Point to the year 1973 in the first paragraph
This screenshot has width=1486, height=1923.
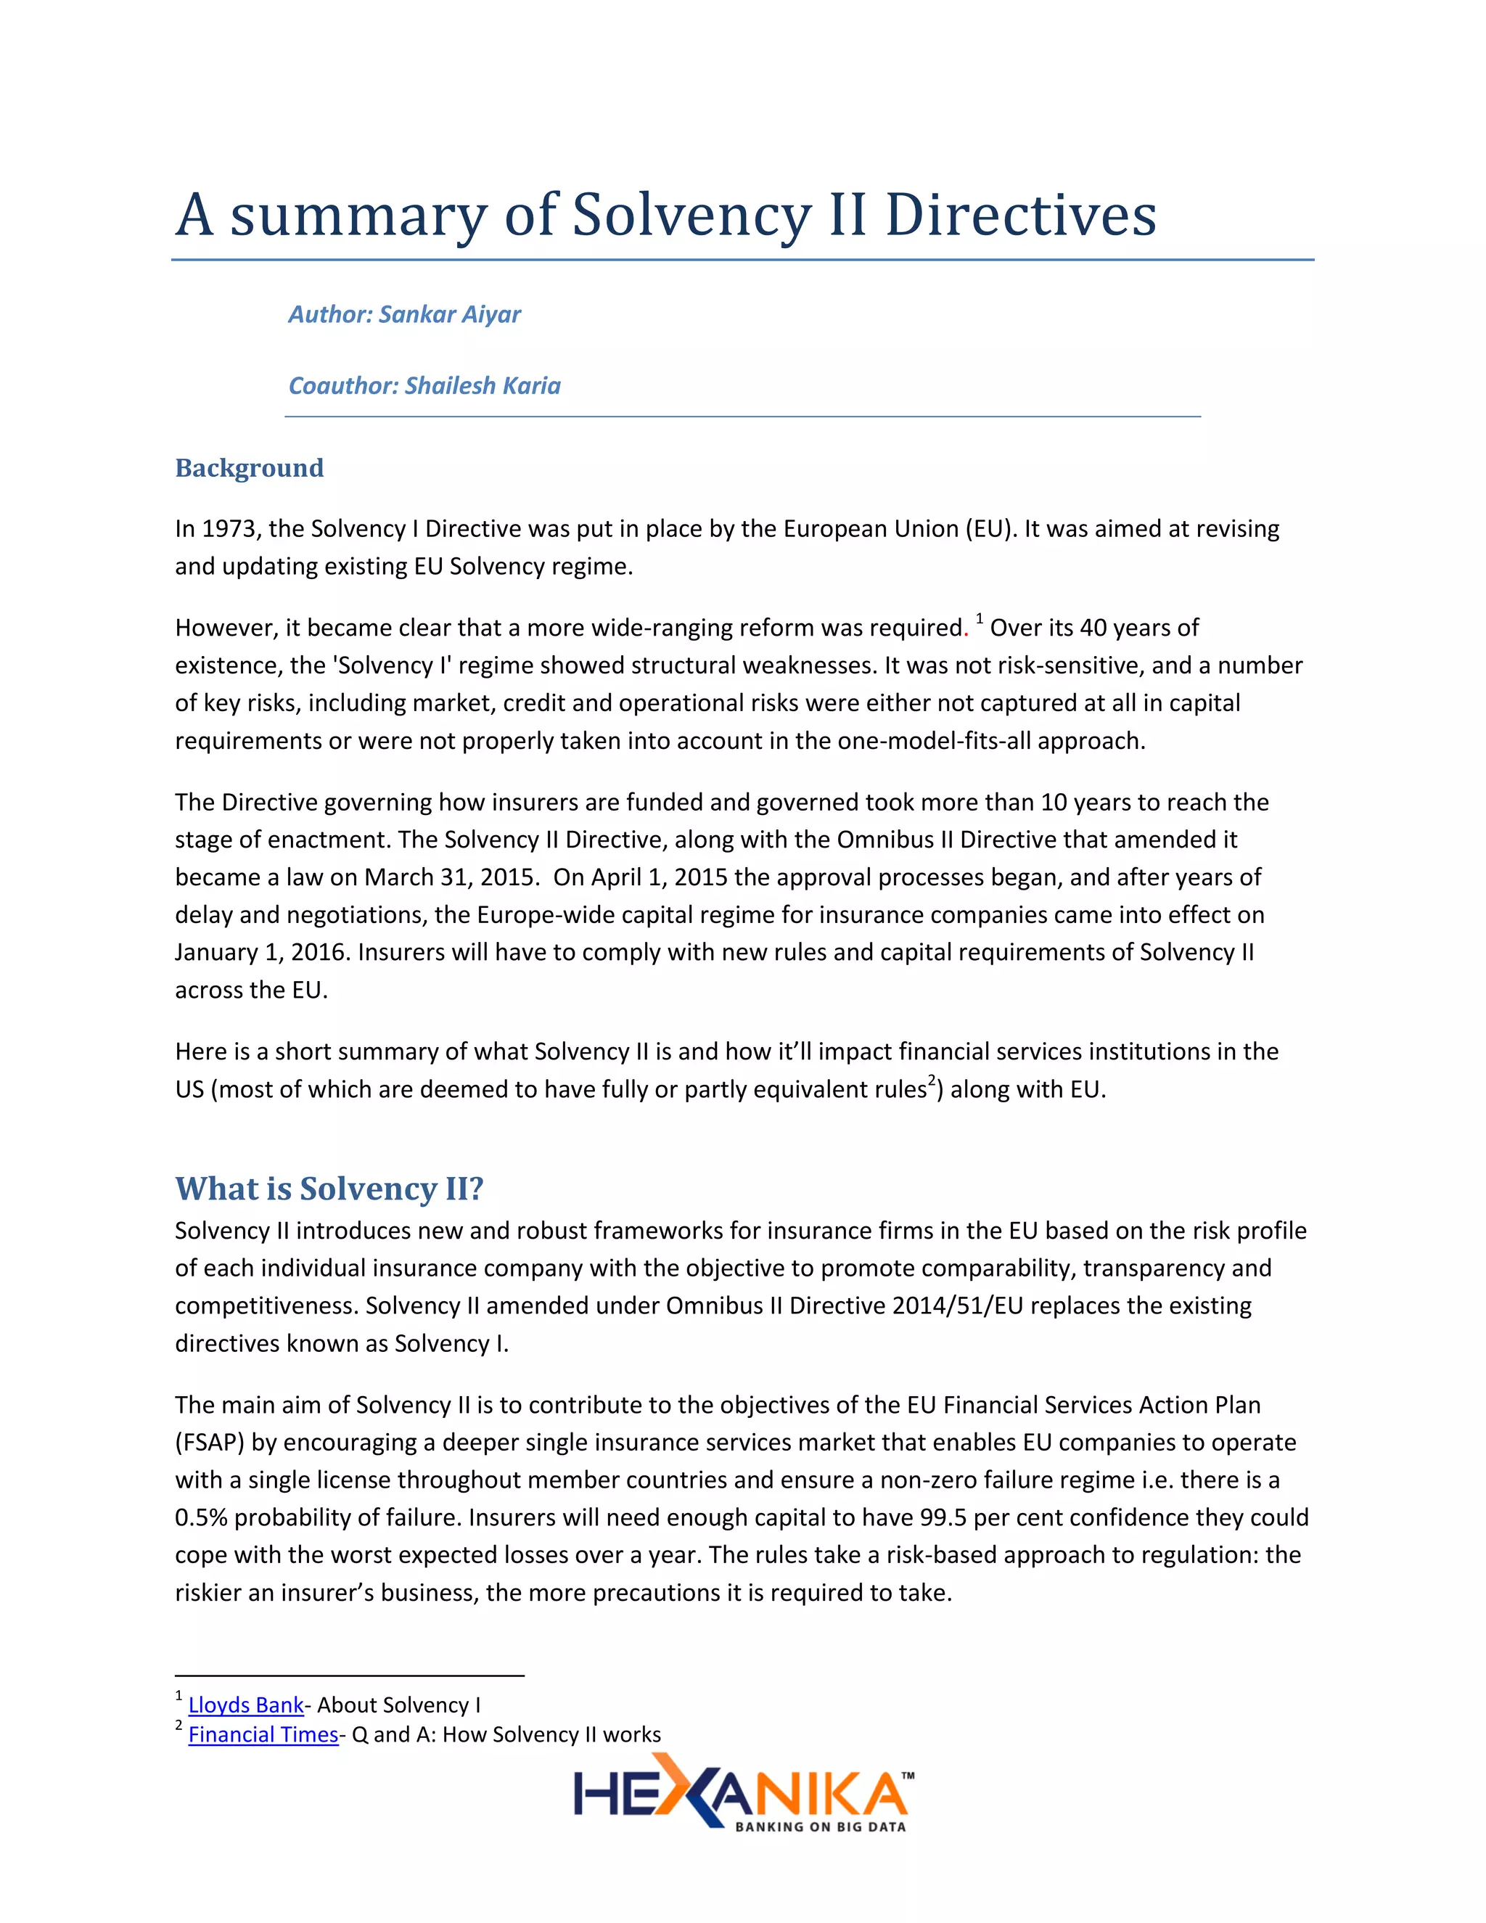coord(229,529)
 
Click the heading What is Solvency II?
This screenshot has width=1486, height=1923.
coord(329,1189)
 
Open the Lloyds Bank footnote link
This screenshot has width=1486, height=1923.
coord(246,1705)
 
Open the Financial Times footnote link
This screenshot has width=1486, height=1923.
coord(263,1734)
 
